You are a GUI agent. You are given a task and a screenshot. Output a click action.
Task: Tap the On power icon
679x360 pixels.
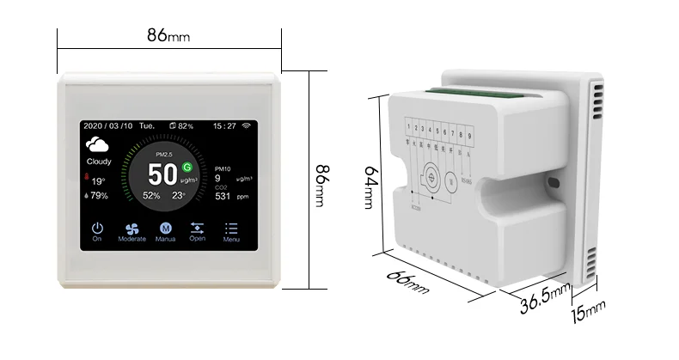[97, 228]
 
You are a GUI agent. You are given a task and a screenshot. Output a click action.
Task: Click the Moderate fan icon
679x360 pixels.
[132, 228]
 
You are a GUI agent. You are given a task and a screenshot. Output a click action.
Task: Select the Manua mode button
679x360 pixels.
[166, 228]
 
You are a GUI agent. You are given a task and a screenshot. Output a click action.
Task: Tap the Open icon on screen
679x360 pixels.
[198, 228]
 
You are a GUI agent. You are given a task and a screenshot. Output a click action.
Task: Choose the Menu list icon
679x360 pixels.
[231, 228]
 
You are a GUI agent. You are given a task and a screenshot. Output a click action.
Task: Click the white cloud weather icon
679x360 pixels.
[99, 145]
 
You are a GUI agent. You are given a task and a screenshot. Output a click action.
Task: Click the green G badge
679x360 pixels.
[187, 166]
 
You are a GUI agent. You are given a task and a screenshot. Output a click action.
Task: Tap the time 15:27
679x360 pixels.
[224, 125]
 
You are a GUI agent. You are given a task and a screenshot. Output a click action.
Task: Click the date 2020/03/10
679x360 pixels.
[109, 125]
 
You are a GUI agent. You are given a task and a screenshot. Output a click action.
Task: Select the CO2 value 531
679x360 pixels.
[223, 197]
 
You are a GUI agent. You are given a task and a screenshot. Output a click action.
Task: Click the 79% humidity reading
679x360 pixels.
[99, 196]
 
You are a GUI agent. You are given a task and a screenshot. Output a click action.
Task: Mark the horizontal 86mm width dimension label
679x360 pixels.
[168, 35]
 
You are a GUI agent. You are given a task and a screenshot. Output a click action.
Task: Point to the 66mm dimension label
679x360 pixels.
[408, 280]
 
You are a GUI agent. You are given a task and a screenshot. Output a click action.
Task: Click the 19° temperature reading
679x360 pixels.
[99, 180]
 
